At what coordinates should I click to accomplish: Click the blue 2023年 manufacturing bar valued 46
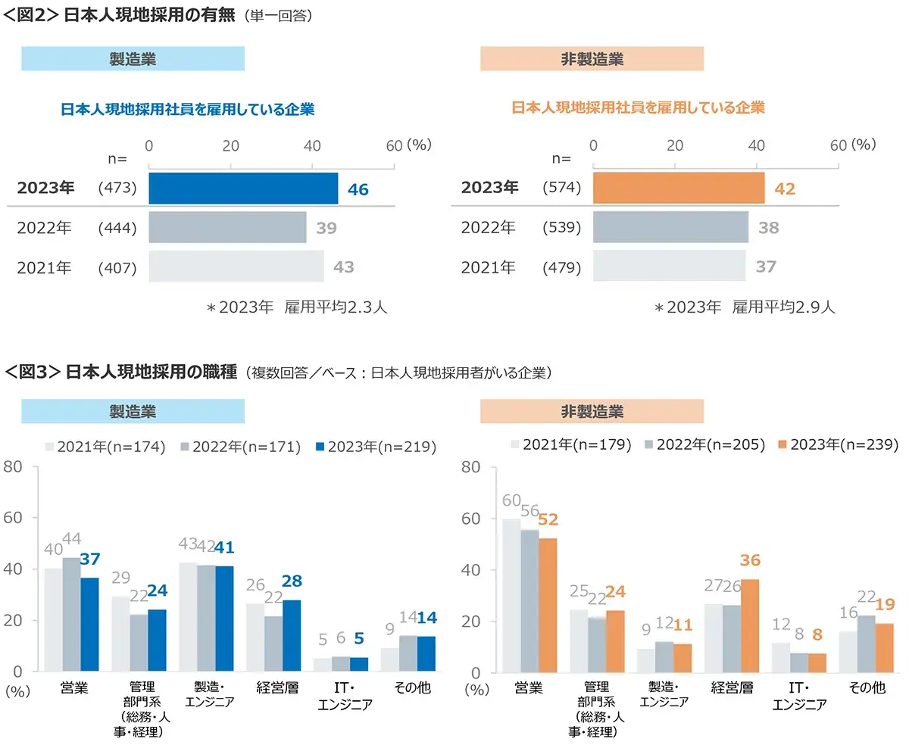click(x=243, y=189)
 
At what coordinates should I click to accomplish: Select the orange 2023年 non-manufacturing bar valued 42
click(x=679, y=189)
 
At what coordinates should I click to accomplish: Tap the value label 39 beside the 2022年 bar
click(x=326, y=228)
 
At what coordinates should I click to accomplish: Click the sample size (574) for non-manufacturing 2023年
click(x=562, y=189)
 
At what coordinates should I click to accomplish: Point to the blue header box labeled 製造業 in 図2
click(x=133, y=58)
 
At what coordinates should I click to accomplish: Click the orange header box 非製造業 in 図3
click(x=592, y=411)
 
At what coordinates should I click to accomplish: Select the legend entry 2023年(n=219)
click(x=376, y=447)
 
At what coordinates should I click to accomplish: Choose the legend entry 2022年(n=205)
click(x=705, y=444)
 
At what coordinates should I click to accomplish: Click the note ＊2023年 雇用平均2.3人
click(x=297, y=308)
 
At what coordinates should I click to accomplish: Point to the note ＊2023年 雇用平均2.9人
click(x=745, y=308)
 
